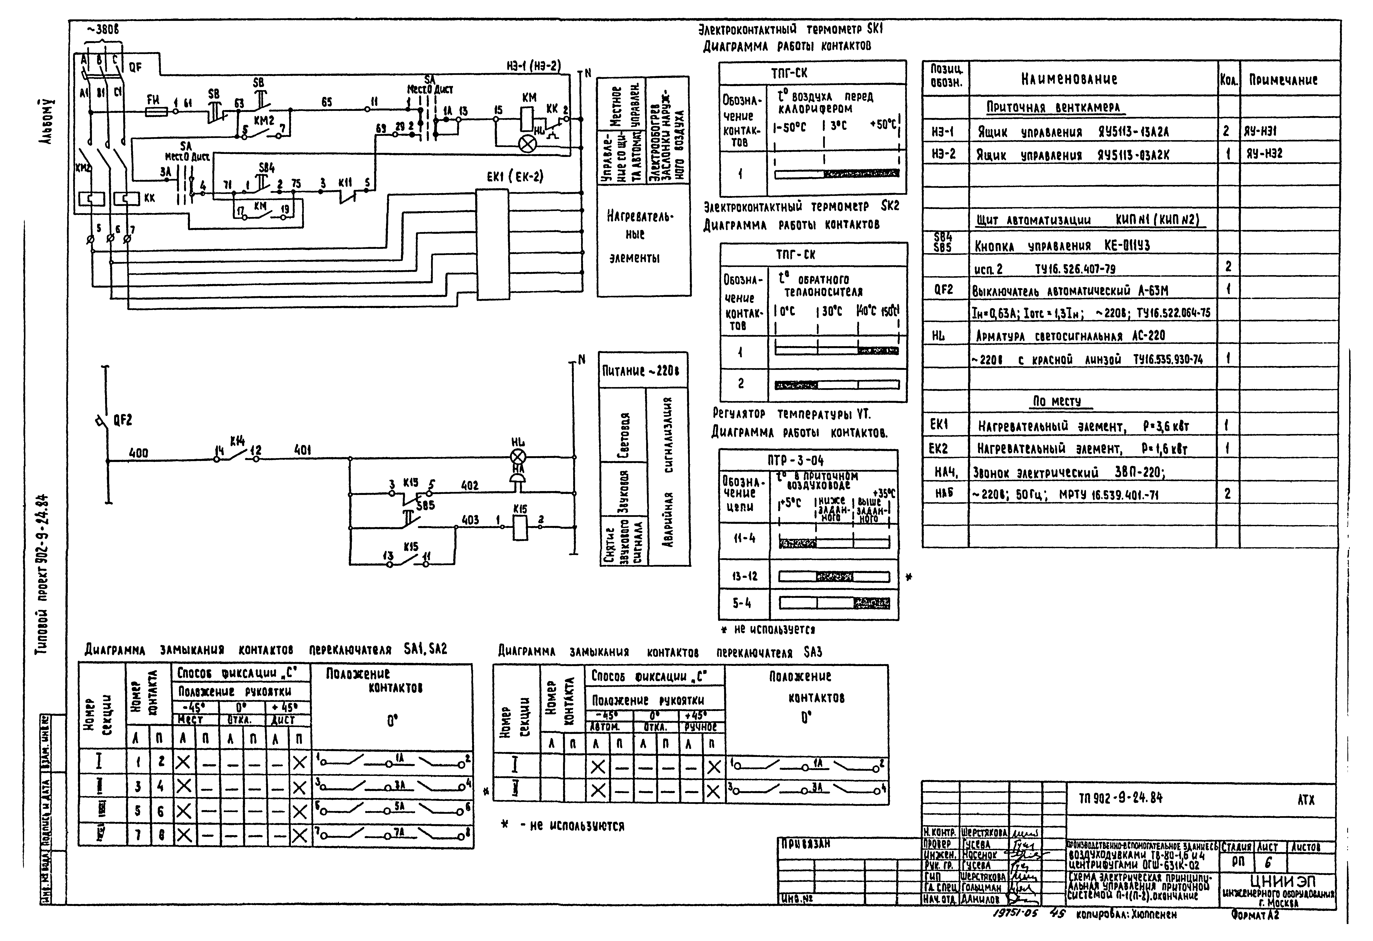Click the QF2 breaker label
point(122,420)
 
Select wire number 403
point(470,520)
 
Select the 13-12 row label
point(744,576)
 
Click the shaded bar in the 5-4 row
point(871,603)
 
